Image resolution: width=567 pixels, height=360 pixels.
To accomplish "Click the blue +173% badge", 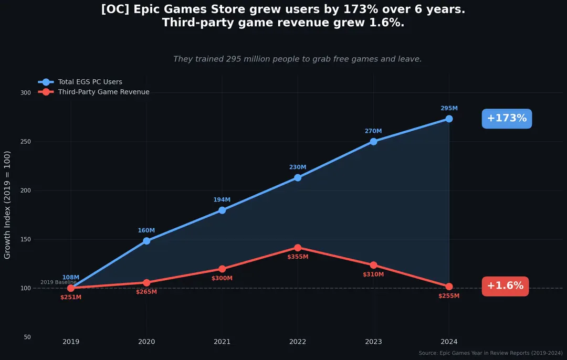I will tap(507, 119).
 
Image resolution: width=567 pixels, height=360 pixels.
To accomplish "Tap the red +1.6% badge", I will tap(505, 286).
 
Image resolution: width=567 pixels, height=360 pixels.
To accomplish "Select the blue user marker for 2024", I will tap(449, 119).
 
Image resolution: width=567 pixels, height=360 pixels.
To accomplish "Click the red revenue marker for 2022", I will tap(298, 248).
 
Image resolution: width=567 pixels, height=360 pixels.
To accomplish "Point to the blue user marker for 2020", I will tap(146, 241).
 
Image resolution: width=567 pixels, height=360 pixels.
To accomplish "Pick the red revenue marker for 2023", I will tap(373, 265).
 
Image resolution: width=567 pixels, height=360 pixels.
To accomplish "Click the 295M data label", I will tap(449, 109).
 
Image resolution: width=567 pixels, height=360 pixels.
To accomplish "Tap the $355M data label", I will tap(298, 257).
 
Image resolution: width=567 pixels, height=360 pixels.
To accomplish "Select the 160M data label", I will tap(146, 230).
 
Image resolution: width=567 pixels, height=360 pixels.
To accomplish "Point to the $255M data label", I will tap(449, 296).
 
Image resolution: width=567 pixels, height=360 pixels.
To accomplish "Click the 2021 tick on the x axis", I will tap(222, 342).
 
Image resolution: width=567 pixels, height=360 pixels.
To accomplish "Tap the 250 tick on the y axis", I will tap(26, 142).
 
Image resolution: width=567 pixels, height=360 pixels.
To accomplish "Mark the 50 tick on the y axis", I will tap(27, 337).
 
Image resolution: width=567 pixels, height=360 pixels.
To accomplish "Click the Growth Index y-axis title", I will tap(7, 205).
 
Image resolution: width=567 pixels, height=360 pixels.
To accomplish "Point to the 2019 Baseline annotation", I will tap(58, 282).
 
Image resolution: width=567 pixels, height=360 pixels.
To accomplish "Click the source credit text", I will tap(490, 353).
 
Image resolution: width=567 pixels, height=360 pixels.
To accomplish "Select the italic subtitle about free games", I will tap(297, 59).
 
